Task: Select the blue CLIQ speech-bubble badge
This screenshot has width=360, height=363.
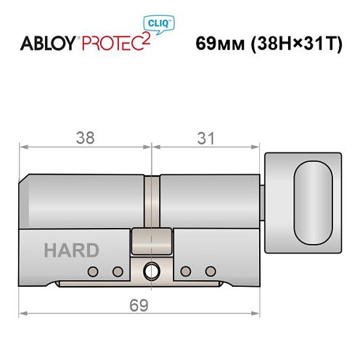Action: point(166,24)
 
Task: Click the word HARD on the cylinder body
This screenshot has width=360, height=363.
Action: point(71,250)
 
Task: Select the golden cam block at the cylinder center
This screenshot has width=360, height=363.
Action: point(152,240)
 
